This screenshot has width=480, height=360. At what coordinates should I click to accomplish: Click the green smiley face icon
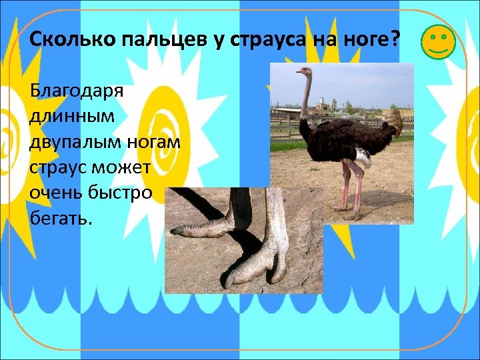coord(438,41)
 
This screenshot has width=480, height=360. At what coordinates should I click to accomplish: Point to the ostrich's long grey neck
coord(306,97)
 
